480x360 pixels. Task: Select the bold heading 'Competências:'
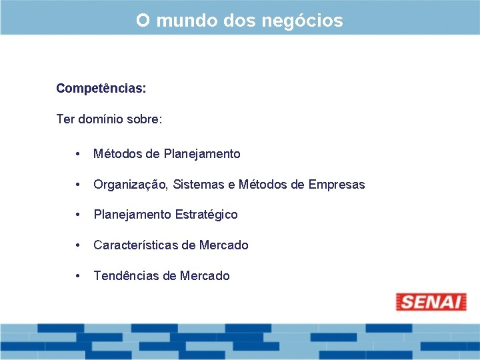coord(101,88)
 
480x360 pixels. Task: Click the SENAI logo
coord(431,301)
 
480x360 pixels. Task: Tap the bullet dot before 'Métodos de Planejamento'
coord(79,154)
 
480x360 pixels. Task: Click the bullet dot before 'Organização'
coord(79,185)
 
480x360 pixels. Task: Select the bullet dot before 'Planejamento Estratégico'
coord(79,215)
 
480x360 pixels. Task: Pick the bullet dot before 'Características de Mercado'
coord(79,245)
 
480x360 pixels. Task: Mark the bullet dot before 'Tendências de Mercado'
coord(79,276)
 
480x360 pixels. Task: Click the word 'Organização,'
coord(131,185)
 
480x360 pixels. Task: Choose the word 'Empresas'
coord(337,185)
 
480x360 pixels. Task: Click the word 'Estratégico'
coord(207,215)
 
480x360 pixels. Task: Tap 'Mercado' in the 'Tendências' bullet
coord(205,276)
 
